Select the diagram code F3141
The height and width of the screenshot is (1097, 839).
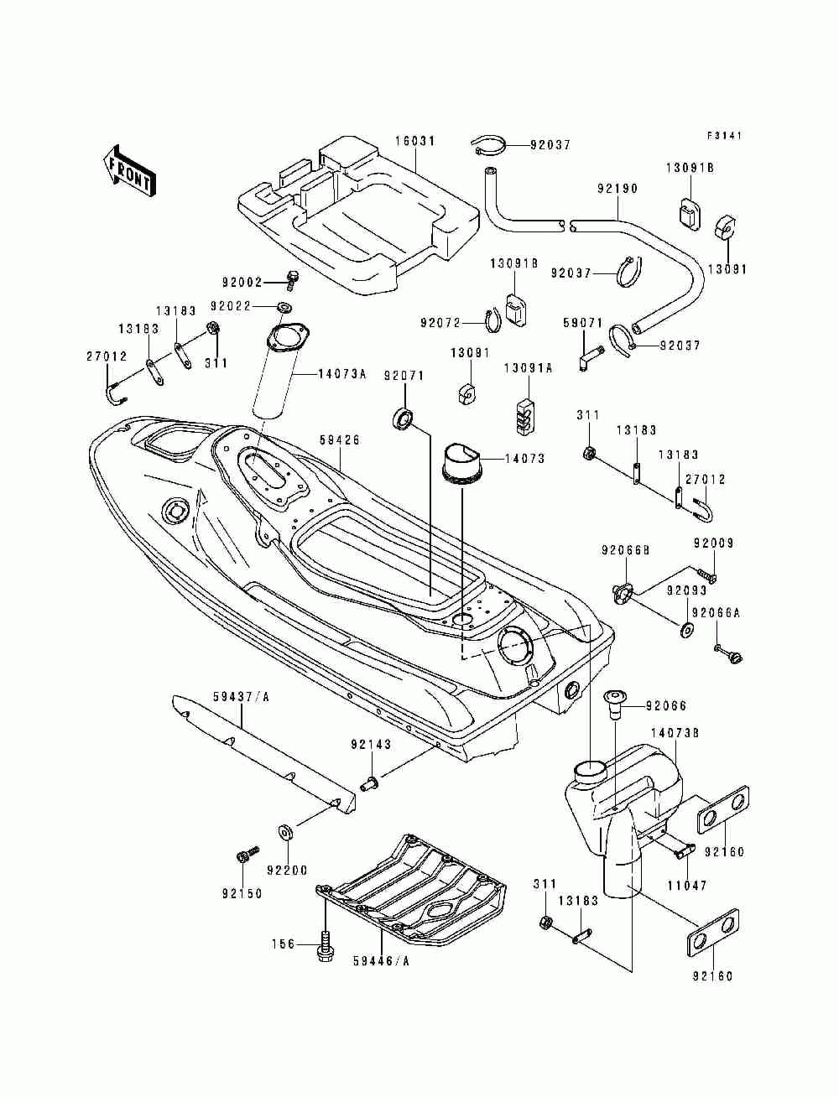pyautogui.click(x=724, y=135)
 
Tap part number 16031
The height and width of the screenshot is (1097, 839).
pyautogui.click(x=415, y=142)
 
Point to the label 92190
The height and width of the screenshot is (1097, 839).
pyautogui.click(x=617, y=189)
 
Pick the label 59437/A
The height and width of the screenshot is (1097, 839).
pyautogui.click(x=241, y=697)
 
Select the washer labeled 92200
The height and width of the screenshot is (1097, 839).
pyautogui.click(x=285, y=833)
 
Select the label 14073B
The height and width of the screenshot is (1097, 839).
pyautogui.click(x=675, y=733)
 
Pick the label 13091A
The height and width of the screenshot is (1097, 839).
pyautogui.click(x=528, y=369)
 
